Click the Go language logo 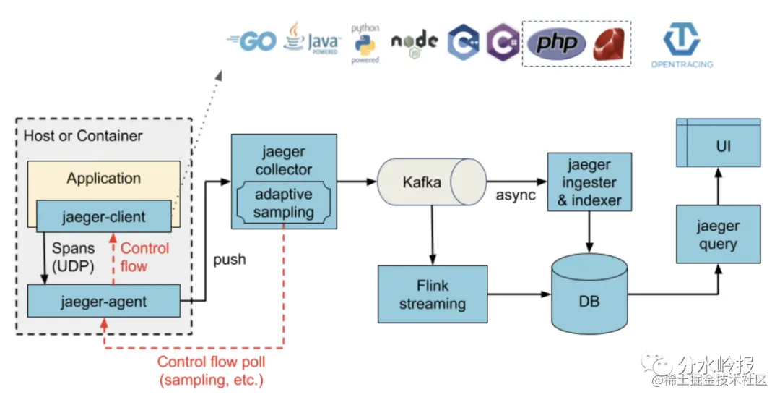[252, 41]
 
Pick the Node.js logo [414, 42]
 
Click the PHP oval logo [556, 43]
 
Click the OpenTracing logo [680, 43]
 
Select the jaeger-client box [103, 216]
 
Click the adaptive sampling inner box [284, 203]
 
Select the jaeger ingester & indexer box [589, 183]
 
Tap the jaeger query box [717, 234]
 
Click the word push [229, 259]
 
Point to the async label [516, 195]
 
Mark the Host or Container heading [83, 136]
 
